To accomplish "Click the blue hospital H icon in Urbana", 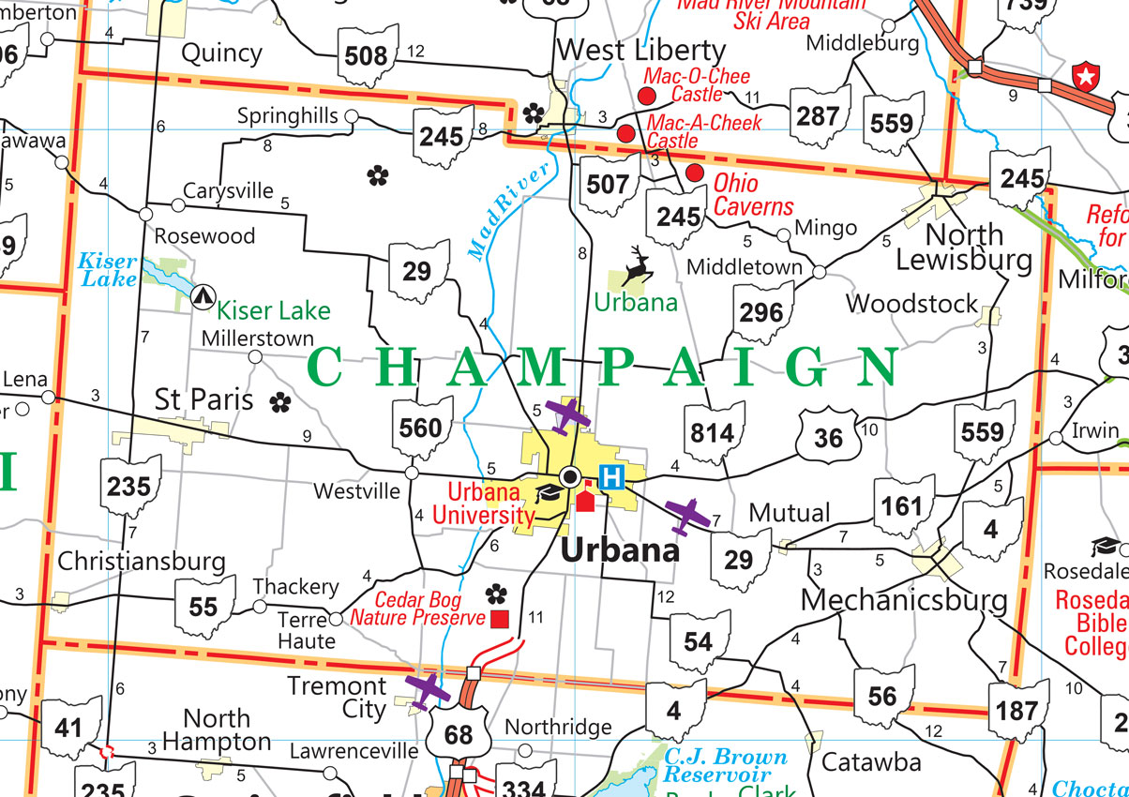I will [x=610, y=476].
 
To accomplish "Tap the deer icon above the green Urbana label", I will [x=640, y=266].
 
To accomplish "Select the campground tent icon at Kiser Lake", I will [x=201, y=297].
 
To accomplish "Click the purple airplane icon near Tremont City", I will [x=429, y=691].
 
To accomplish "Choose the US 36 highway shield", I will [x=828, y=436].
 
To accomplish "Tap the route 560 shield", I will [x=420, y=429].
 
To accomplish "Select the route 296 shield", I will [x=760, y=312].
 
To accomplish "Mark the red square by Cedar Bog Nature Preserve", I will [x=500, y=619].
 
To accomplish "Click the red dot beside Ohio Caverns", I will [x=695, y=173].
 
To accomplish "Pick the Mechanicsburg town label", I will [x=904, y=599].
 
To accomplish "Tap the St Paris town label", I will [x=203, y=400].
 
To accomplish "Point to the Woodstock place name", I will [x=911, y=304].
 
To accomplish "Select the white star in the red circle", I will [x=1086, y=77].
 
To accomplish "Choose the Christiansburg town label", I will [x=142, y=562].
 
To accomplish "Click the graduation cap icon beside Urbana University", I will [x=548, y=493].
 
